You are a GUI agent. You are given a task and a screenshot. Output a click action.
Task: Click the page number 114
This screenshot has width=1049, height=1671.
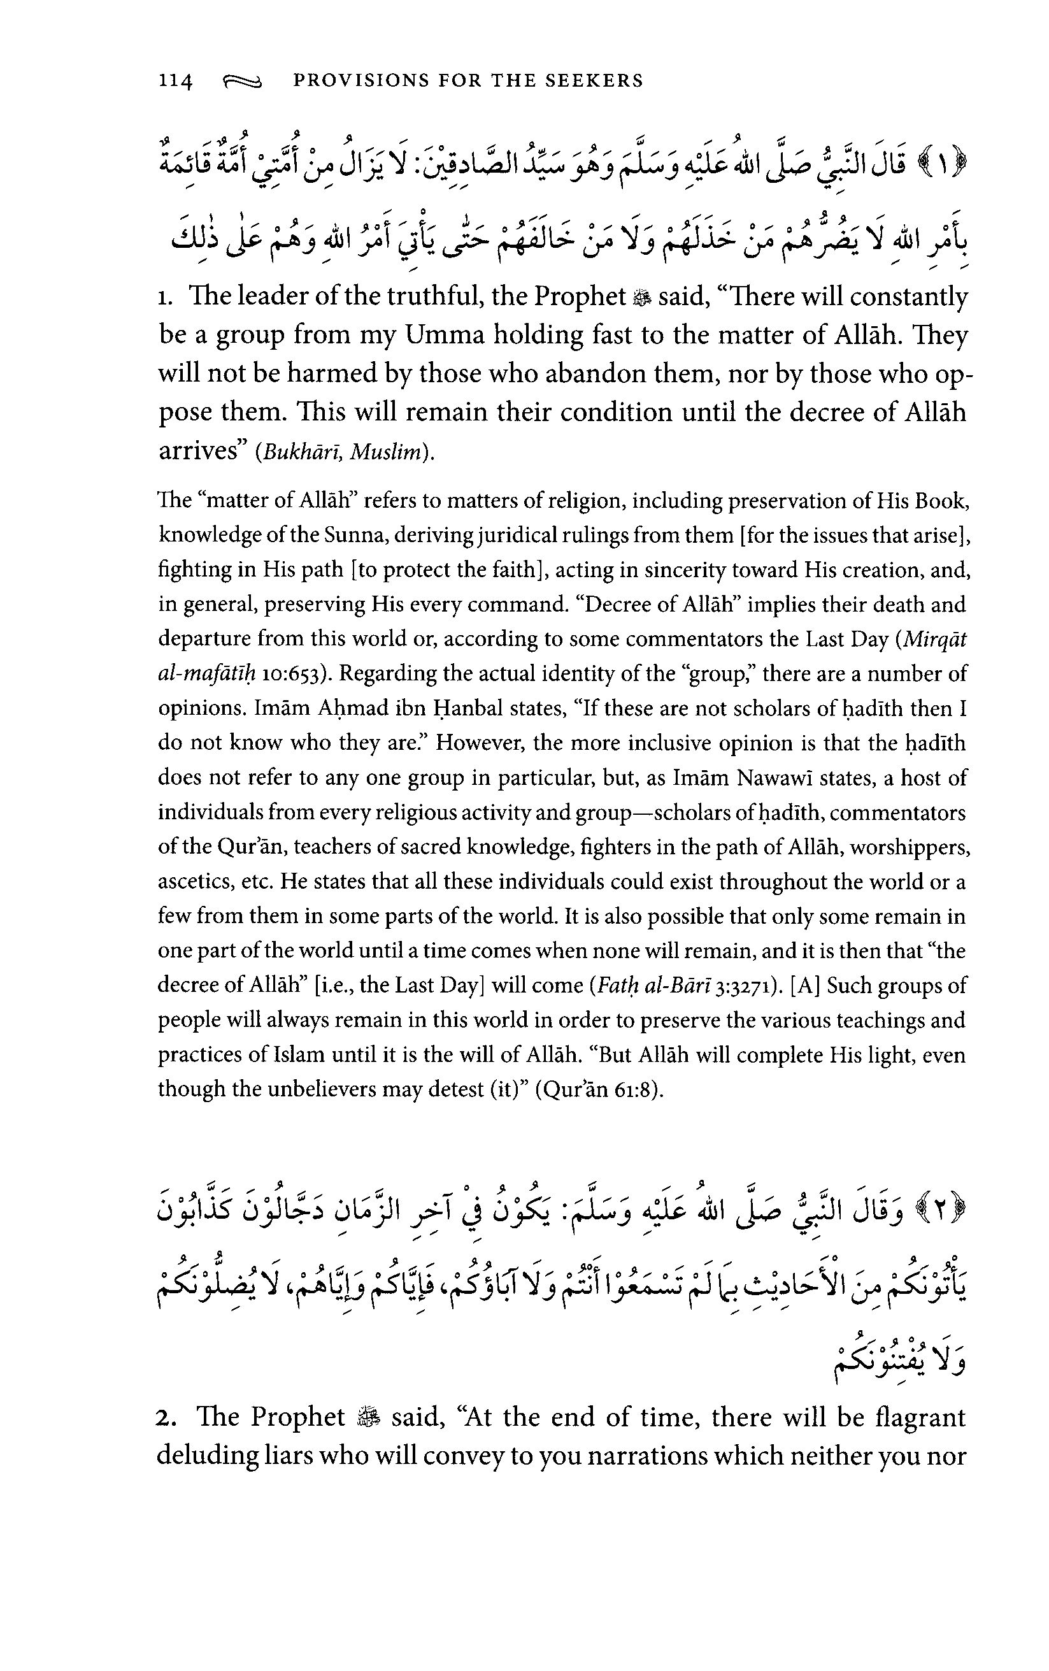(175, 81)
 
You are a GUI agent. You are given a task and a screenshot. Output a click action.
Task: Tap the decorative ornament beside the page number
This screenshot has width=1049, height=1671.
(242, 83)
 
